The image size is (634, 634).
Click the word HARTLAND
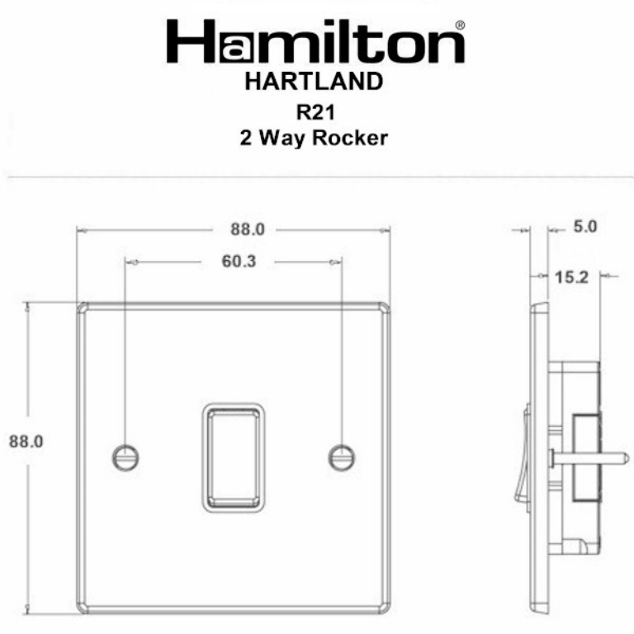click(x=314, y=81)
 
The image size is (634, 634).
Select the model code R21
click(x=316, y=112)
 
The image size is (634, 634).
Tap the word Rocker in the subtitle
click(x=350, y=138)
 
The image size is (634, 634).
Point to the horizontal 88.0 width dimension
click(x=248, y=229)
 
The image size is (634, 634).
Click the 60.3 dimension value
click(x=239, y=261)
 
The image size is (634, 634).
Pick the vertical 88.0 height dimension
click(x=26, y=441)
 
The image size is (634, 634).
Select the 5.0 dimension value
click(x=585, y=226)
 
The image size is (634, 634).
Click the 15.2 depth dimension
click(x=571, y=277)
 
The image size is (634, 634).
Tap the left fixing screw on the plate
click(x=125, y=457)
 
